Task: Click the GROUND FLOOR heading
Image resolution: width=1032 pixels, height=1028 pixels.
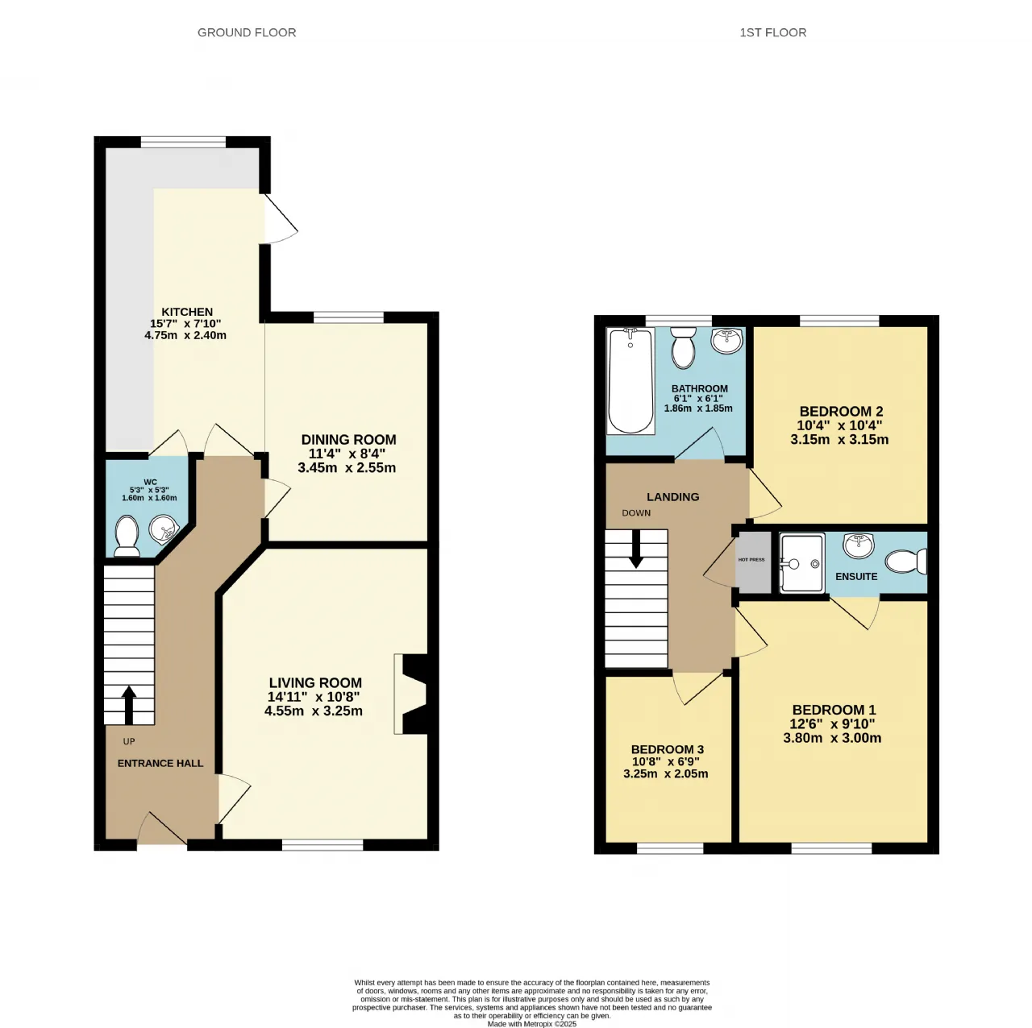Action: (x=247, y=33)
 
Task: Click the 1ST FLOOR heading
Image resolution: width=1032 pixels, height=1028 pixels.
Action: (x=772, y=33)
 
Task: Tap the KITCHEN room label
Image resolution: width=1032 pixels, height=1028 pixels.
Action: (x=187, y=312)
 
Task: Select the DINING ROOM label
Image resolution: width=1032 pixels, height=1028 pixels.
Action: (x=348, y=439)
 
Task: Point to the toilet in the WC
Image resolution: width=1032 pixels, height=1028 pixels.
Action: (x=127, y=536)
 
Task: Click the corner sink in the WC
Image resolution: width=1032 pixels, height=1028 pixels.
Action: (x=164, y=529)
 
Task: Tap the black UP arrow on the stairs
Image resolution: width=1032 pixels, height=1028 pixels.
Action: (x=129, y=705)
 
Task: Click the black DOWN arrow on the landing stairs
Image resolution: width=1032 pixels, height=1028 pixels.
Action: (x=636, y=549)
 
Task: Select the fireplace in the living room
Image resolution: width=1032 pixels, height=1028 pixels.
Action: (x=410, y=694)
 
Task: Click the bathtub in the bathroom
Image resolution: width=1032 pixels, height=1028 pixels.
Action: (x=630, y=381)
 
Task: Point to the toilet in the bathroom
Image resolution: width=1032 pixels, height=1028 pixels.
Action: (x=683, y=348)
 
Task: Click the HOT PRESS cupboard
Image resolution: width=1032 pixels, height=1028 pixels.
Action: (x=752, y=562)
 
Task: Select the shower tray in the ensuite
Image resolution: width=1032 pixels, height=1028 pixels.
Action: (x=801, y=563)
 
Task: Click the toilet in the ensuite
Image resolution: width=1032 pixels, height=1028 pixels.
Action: (x=906, y=562)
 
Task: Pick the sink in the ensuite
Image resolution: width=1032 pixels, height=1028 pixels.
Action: (x=859, y=545)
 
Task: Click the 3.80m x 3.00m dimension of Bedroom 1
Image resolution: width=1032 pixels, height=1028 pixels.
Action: (x=832, y=739)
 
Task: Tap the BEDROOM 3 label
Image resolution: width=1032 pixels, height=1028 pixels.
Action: (x=668, y=750)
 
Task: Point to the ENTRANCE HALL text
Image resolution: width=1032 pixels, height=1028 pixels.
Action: (x=160, y=764)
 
